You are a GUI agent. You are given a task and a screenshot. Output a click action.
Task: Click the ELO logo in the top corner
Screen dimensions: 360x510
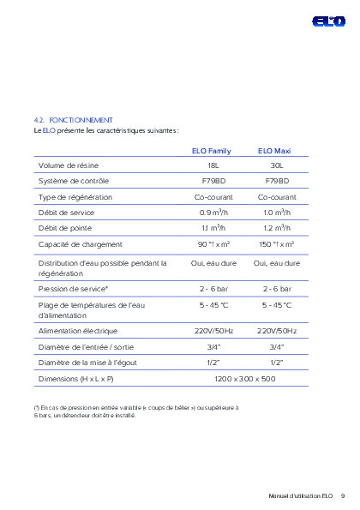(x=328, y=20)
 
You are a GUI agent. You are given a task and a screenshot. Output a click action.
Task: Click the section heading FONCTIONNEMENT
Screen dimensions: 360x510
(x=81, y=120)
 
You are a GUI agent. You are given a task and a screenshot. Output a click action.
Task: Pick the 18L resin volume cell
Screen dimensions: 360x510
(x=213, y=165)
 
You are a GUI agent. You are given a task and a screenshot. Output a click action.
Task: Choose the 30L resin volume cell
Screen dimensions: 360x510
(x=276, y=165)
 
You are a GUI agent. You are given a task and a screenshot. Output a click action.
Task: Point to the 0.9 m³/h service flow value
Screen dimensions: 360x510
(x=213, y=212)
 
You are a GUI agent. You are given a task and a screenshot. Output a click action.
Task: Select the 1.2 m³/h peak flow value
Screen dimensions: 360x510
(x=277, y=228)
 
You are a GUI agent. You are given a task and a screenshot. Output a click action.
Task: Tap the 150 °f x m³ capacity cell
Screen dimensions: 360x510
(x=277, y=244)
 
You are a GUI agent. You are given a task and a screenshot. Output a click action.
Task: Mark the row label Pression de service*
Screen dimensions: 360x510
(x=73, y=289)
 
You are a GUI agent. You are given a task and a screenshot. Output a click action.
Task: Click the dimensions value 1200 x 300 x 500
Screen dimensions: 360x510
(x=244, y=378)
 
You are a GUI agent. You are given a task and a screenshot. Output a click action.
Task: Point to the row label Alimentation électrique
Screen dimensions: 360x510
(x=78, y=330)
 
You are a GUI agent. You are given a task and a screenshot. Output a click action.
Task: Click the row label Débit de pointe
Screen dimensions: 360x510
(x=64, y=228)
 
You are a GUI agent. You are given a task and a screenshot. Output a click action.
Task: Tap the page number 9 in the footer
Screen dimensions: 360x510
(x=343, y=495)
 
